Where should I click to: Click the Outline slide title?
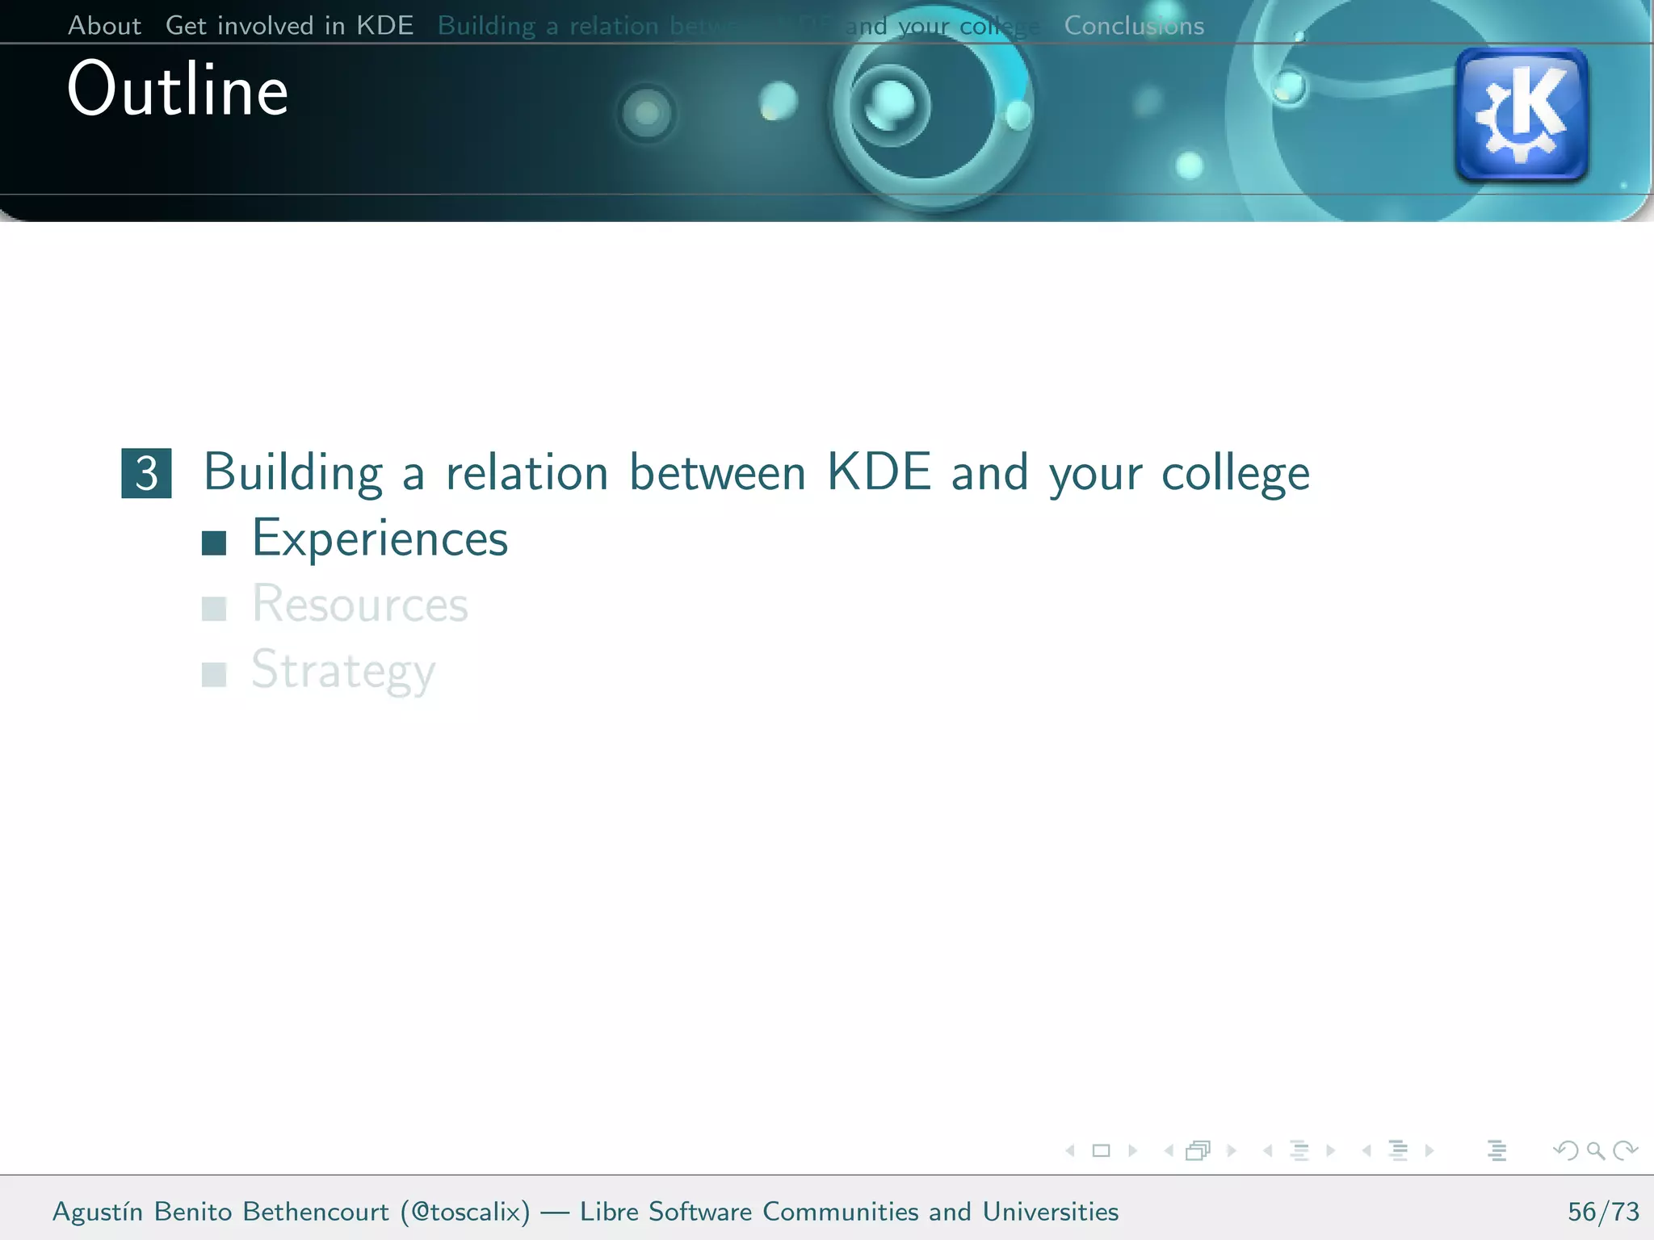[x=178, y=90]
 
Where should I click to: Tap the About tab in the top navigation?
[x=104, y=26]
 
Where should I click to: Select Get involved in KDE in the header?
[x=289, y=26]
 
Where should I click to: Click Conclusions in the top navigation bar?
[x=1134, y=26]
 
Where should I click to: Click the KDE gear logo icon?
[x=1521, y=114]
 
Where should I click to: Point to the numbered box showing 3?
[x=146, y=473]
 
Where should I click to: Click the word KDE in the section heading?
[x=879, y=472]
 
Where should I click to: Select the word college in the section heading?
[x=1235, y=475]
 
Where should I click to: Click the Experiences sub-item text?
[x=380, y=538]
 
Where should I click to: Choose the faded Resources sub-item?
[x=359, y=604]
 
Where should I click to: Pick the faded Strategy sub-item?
[x=343, y=670]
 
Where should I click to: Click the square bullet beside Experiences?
[x=214, y=543]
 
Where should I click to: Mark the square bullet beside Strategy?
[x=214, y=674]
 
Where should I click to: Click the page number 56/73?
[x=1603, y=1212]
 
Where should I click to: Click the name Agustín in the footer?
[x=98, y=1212]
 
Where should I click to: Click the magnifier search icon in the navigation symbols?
[x=1595, y=1150]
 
